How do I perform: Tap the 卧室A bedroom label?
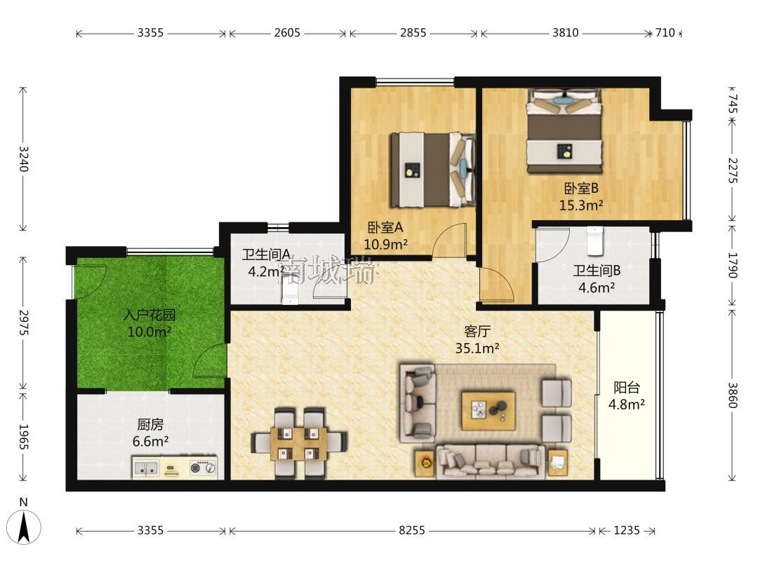pos(385,227)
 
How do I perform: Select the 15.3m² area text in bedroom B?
pos(581,205)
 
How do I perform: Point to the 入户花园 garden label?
pos(149,316)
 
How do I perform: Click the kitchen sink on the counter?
pos(146,468)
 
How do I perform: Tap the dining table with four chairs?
pos(298,442)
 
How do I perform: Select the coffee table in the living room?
pos(488,410)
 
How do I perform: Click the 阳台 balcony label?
pos(627,387)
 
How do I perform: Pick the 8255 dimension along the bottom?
pos(412,530)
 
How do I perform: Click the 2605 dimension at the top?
pos(287,33)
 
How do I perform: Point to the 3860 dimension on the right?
pos(733,395)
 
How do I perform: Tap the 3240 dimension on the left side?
pos(23,158)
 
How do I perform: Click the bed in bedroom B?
pos(564,130)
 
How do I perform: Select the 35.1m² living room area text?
pos(477,348)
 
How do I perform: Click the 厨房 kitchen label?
pos(150,424)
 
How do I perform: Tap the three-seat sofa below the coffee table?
pos(491,462)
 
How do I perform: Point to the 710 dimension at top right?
pos(665,33)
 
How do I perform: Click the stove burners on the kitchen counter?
pos(203,468)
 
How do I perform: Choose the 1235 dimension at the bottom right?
pos(627,530)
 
